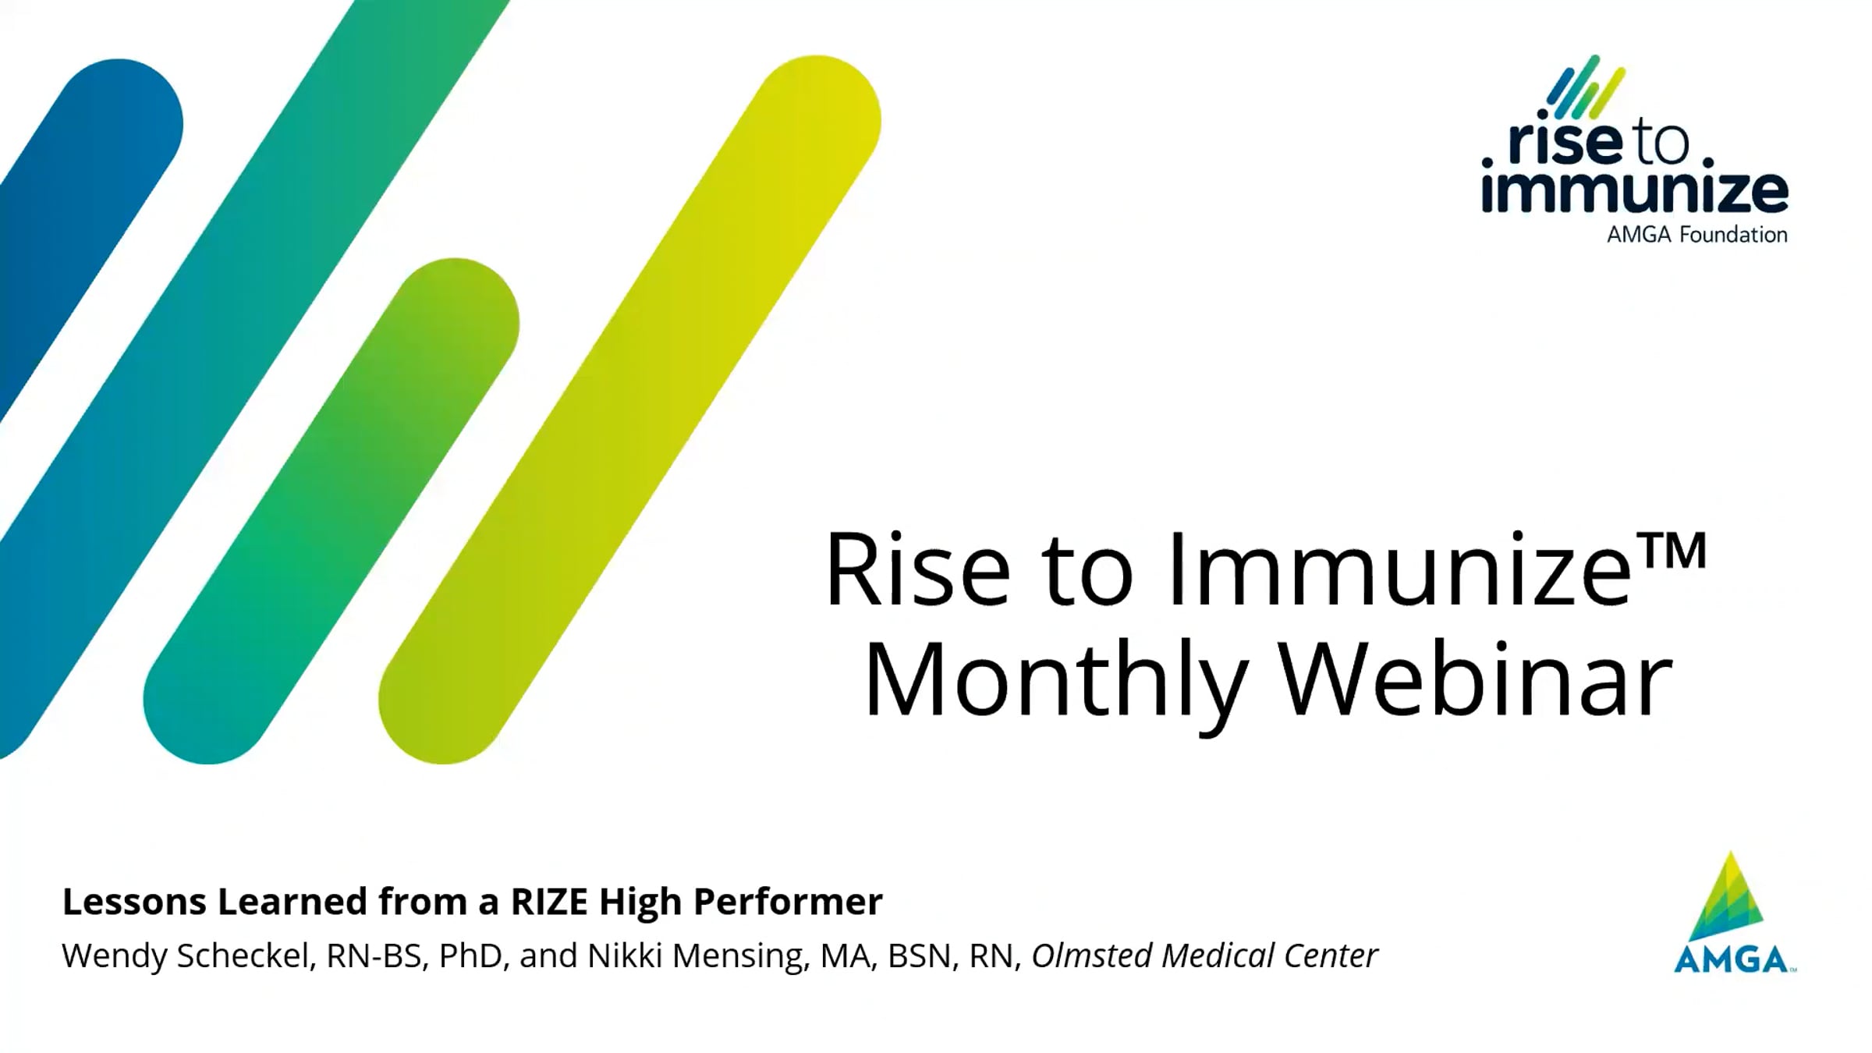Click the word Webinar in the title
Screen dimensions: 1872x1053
1478,679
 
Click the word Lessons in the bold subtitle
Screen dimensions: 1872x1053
134,902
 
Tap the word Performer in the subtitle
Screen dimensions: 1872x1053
788,902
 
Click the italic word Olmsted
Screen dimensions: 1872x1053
1092,955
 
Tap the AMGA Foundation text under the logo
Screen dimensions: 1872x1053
1696,234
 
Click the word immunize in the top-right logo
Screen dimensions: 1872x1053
1635,190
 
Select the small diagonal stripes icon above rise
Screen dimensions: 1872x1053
1587,87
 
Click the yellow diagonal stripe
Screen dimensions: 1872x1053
629,409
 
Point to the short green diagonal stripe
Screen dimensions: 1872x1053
331,511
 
